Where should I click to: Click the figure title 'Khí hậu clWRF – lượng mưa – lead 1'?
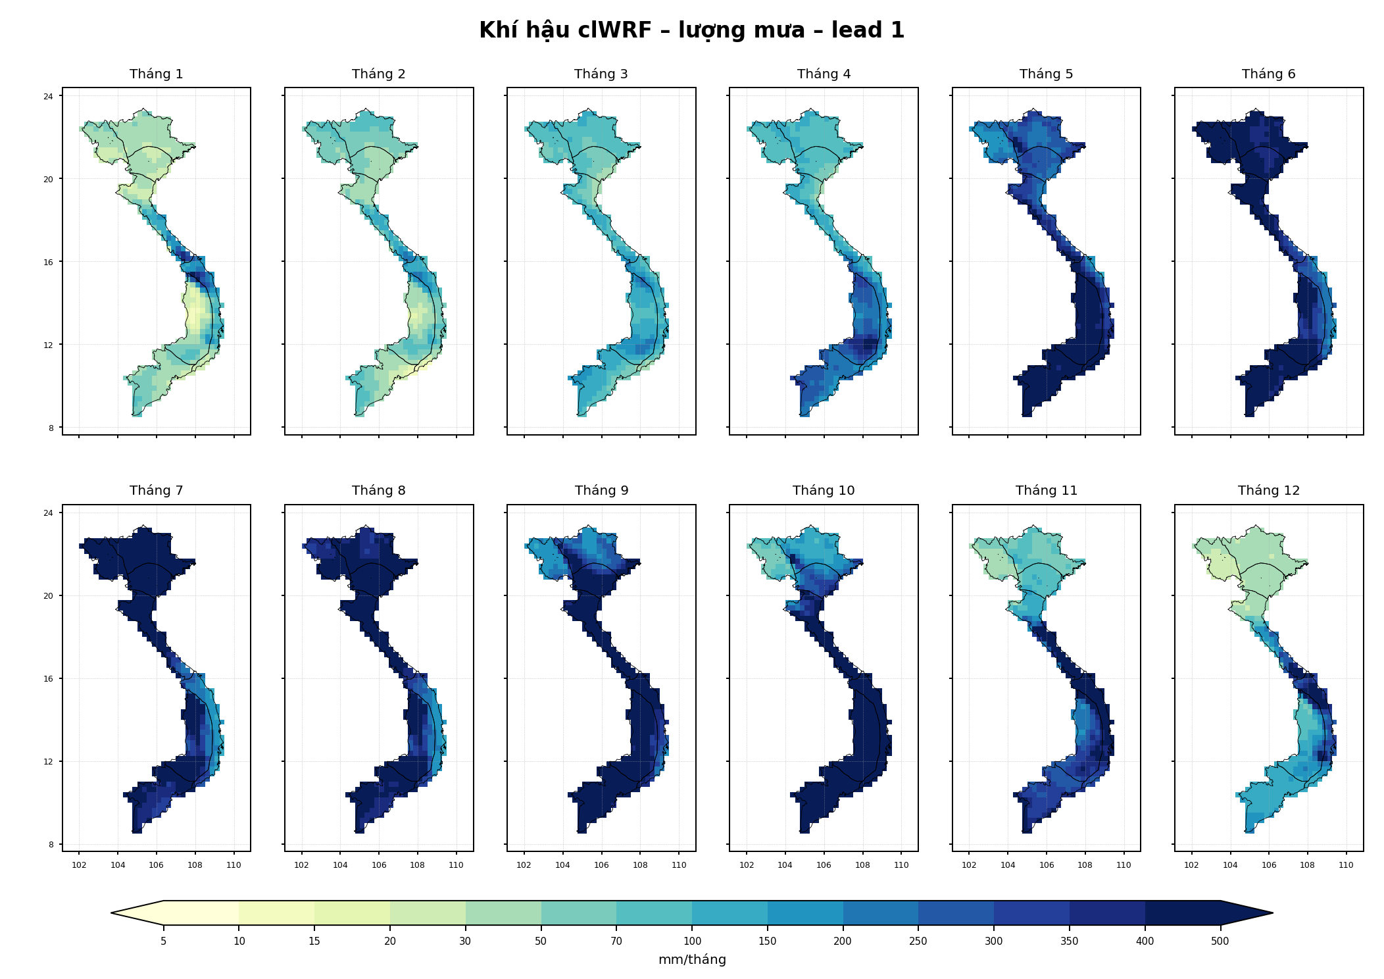pyautogui.click(x=691, y=31)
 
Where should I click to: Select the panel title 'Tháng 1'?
pyautogui.click(x=156, y=74)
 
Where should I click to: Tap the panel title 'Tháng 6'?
pyautogui.click(x=1268, y=74)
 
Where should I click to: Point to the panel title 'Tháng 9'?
pyautogui.click(x=601, y=490)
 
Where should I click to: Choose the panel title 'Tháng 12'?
pyautogui.click(x=1268, y=490)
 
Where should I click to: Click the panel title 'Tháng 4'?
pyautogui.click(x=824, y=74)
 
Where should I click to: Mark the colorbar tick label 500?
pyautogui.click(x=1220, y=941)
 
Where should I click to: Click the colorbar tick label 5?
pyautogui.click(x=163, y=941)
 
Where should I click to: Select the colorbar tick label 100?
pyautogui.click(x=692, y=941)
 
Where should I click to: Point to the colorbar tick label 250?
pyautogui.click(x=918, y=941)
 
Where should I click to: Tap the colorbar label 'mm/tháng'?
pyautogui.click(x=692, y=959)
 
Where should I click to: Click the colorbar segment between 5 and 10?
pyautogui.click(x=201, y=913)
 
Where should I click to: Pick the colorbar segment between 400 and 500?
pyautogui.click(x=1183, y=913)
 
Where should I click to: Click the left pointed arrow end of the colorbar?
pyautogui.click(x=112, y=913)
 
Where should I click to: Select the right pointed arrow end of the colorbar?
pyautogui.click(x=1272, y=913)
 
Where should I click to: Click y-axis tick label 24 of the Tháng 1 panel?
pyautogui.click(x=48, y=96)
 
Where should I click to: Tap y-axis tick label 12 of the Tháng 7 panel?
pyautogui.click(x=48, y=761)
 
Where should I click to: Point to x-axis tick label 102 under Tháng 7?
pyautogui.click(x=79, y=865)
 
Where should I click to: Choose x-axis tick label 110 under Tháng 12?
pyautogui.click(x=1346, y=865)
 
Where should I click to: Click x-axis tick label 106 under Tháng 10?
pyautogui.click(x=824, y=865)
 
